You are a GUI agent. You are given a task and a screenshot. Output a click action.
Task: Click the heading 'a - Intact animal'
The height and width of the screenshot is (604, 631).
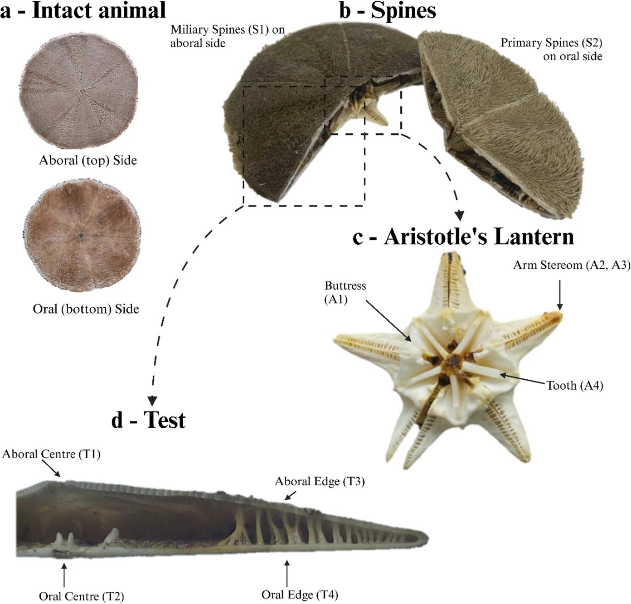point(83,11)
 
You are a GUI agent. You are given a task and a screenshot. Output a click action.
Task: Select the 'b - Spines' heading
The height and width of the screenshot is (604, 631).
point(388,11)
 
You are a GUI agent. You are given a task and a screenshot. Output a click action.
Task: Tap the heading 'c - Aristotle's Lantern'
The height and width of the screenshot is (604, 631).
point(463,237)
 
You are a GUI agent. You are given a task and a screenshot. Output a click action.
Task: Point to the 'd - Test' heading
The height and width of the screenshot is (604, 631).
point(148,420)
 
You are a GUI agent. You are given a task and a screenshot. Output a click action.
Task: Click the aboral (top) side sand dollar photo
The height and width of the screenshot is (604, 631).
point(79,91)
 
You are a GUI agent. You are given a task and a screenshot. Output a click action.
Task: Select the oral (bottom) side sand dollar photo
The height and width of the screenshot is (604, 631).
point(82,235)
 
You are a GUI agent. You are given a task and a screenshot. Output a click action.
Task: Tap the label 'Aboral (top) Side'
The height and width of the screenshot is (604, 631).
point(88,160)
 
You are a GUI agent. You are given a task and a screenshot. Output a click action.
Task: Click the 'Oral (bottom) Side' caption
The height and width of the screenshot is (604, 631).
point(86,309)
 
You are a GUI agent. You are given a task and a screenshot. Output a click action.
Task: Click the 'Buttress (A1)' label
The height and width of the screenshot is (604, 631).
point(345,292)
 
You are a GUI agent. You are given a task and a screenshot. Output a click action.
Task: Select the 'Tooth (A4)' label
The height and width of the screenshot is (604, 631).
point(575,386)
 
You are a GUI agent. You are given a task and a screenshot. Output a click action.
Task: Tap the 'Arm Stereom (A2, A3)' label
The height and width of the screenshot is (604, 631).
point(571,265)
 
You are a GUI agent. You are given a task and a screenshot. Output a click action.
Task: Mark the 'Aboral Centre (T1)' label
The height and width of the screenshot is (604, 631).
point(51,454)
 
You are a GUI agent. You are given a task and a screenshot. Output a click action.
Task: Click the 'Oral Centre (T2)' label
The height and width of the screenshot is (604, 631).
point(81,596)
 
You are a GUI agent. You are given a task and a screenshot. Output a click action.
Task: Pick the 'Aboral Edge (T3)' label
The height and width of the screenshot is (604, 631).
point(320,481)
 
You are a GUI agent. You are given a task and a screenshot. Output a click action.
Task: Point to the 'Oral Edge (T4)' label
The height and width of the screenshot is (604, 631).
point(300,594)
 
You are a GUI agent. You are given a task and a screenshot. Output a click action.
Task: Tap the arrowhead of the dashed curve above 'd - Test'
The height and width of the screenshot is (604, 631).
point(152,400)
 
